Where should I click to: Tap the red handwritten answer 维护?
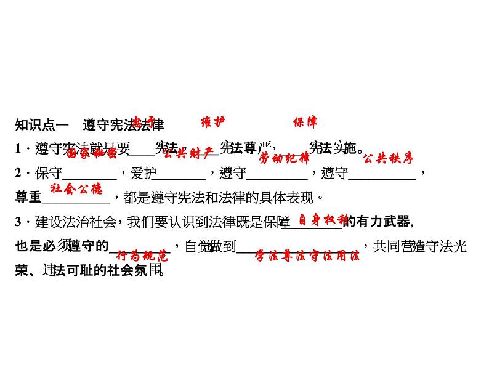tap(214, 122)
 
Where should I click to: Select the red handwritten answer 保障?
tap(305, 122)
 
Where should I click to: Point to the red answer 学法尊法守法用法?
tap(307, 256)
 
